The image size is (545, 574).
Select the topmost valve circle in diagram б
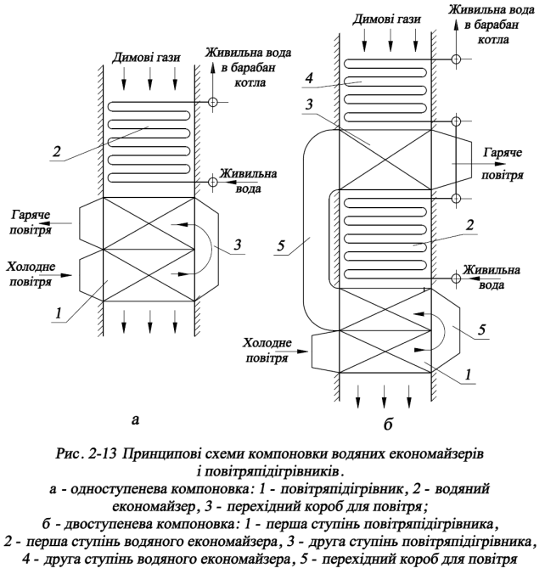point(456,60)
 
